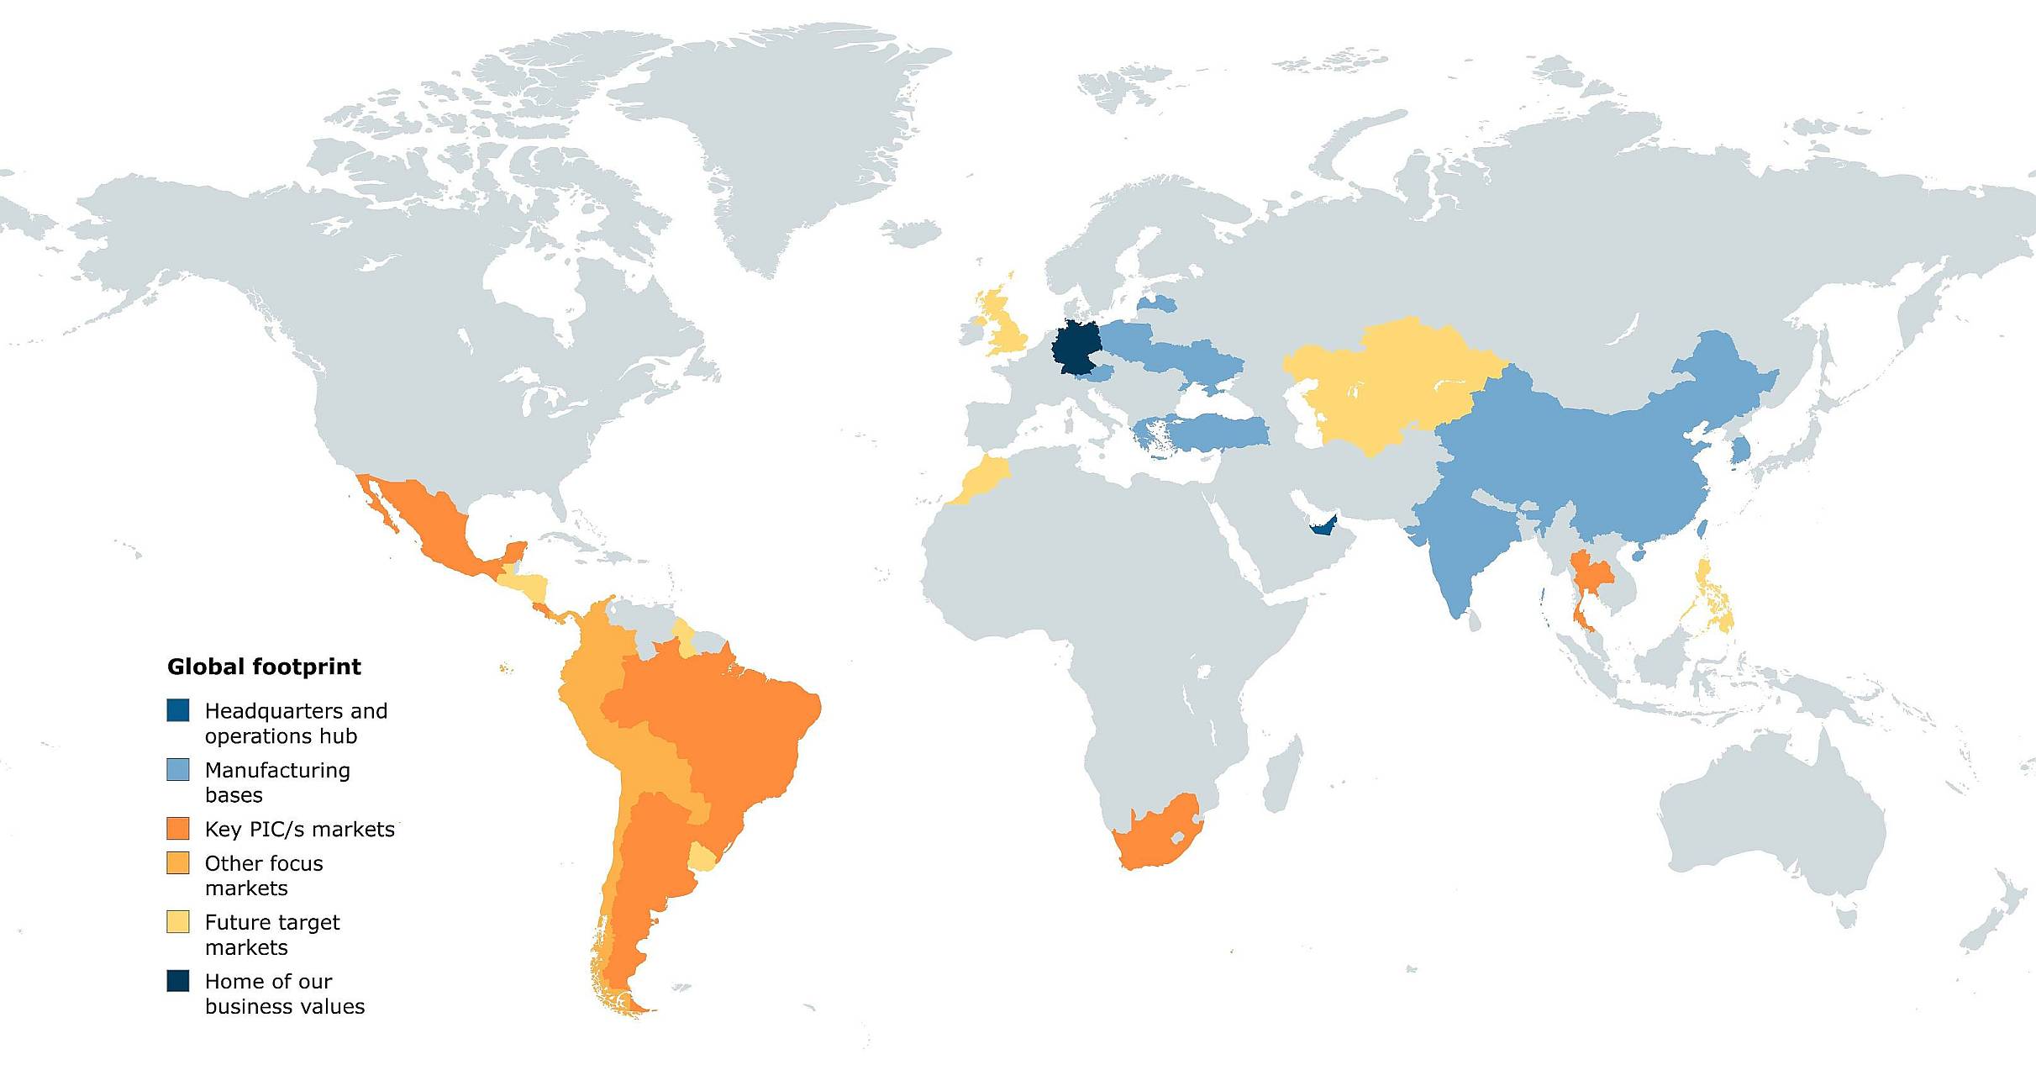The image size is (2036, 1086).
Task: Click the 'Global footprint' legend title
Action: (264, 667)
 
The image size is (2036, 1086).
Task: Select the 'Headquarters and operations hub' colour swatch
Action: (178, 710)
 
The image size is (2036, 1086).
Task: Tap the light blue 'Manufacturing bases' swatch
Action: (178, 769)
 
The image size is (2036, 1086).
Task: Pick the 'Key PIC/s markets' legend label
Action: (299, 830)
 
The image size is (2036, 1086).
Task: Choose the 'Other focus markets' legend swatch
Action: (178, 862)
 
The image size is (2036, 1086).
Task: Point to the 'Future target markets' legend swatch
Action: (178, 922)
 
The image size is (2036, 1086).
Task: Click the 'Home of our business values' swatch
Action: (178, 981)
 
